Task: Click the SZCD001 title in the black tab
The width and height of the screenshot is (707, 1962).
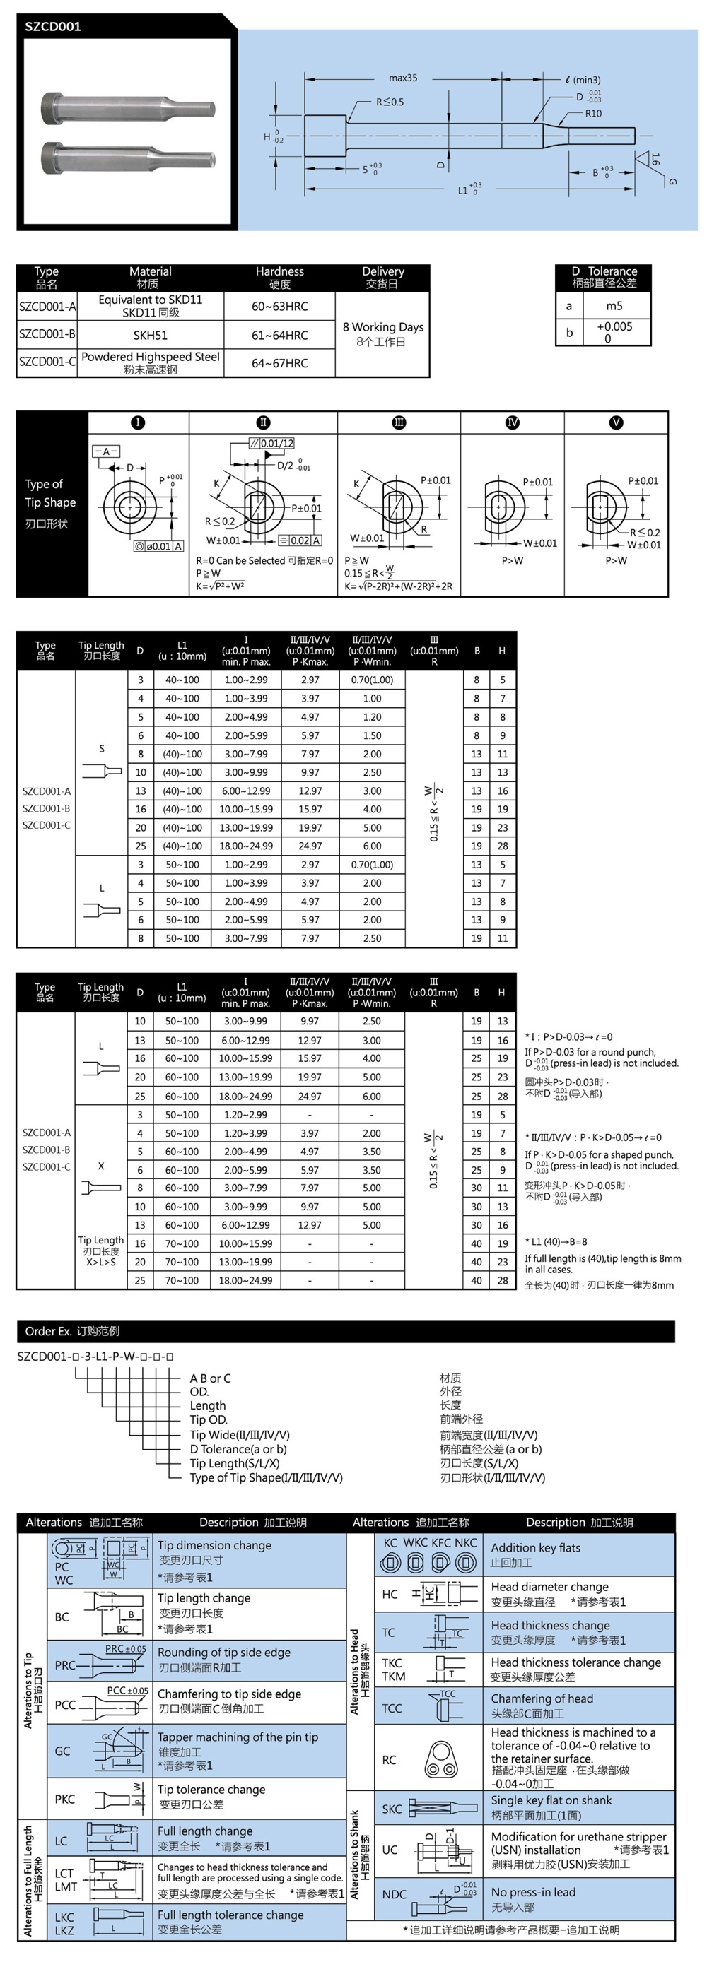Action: click(x=52, y=27)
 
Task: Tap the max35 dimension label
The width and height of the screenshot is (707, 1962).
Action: click(x=402, y=78)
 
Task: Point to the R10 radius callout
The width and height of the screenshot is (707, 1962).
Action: click(x=592, y=114)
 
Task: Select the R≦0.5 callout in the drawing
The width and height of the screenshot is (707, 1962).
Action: click(x=390, y=102)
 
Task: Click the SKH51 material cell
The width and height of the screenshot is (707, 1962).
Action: click(x=150, y=335)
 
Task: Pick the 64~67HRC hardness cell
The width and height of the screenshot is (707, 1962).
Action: click(x=279, y=363)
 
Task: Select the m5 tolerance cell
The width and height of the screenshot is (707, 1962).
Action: click(x=614, y=306)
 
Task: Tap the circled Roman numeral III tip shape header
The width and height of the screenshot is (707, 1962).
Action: click(x=399, y=422)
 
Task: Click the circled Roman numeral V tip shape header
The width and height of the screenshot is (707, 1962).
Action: click(x=616, y=422)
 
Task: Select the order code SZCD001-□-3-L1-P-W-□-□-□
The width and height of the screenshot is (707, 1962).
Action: click(x=95, y=1357)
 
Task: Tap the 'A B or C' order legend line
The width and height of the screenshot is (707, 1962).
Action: click(x=210, y=1378)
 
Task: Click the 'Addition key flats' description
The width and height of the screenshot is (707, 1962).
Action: click(x=536, y=1548)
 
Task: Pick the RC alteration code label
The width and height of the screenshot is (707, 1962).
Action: click(x=389, y=1760)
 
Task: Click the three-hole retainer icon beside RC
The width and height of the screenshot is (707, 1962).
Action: click(x=441, y=1759)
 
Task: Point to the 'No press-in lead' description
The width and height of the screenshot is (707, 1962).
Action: click(x=533, y=1892)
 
